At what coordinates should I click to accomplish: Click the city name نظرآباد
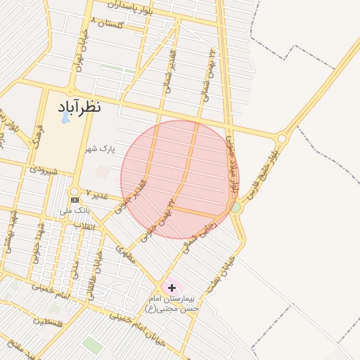click(77, 107)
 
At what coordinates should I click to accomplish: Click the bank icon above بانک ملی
click(75, 200)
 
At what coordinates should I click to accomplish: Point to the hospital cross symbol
click(172, 288)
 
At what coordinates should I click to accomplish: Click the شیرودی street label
click(43, 169)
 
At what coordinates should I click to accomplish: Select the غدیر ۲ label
click(98, 193)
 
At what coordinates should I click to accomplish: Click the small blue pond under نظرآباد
click(65, 117)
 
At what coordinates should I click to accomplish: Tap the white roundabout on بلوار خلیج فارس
click(281, 139)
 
